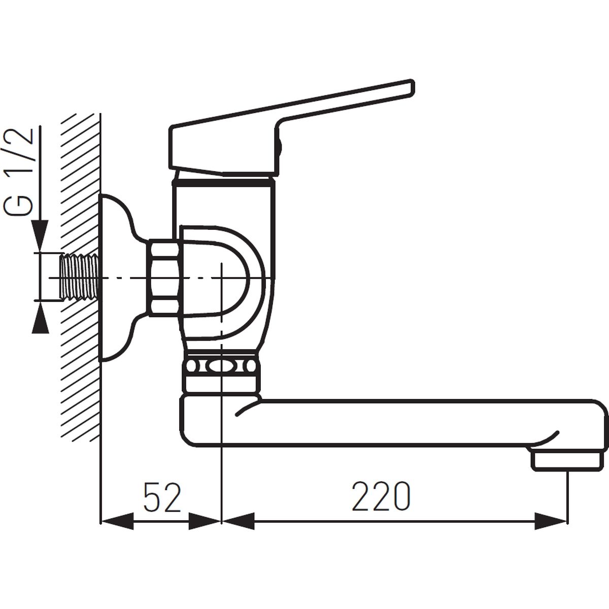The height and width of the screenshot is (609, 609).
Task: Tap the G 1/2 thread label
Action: tap(18, 172)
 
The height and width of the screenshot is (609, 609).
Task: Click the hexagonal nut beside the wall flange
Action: tap(164, 278)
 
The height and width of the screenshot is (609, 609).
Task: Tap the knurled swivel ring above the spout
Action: tap(221, 366)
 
